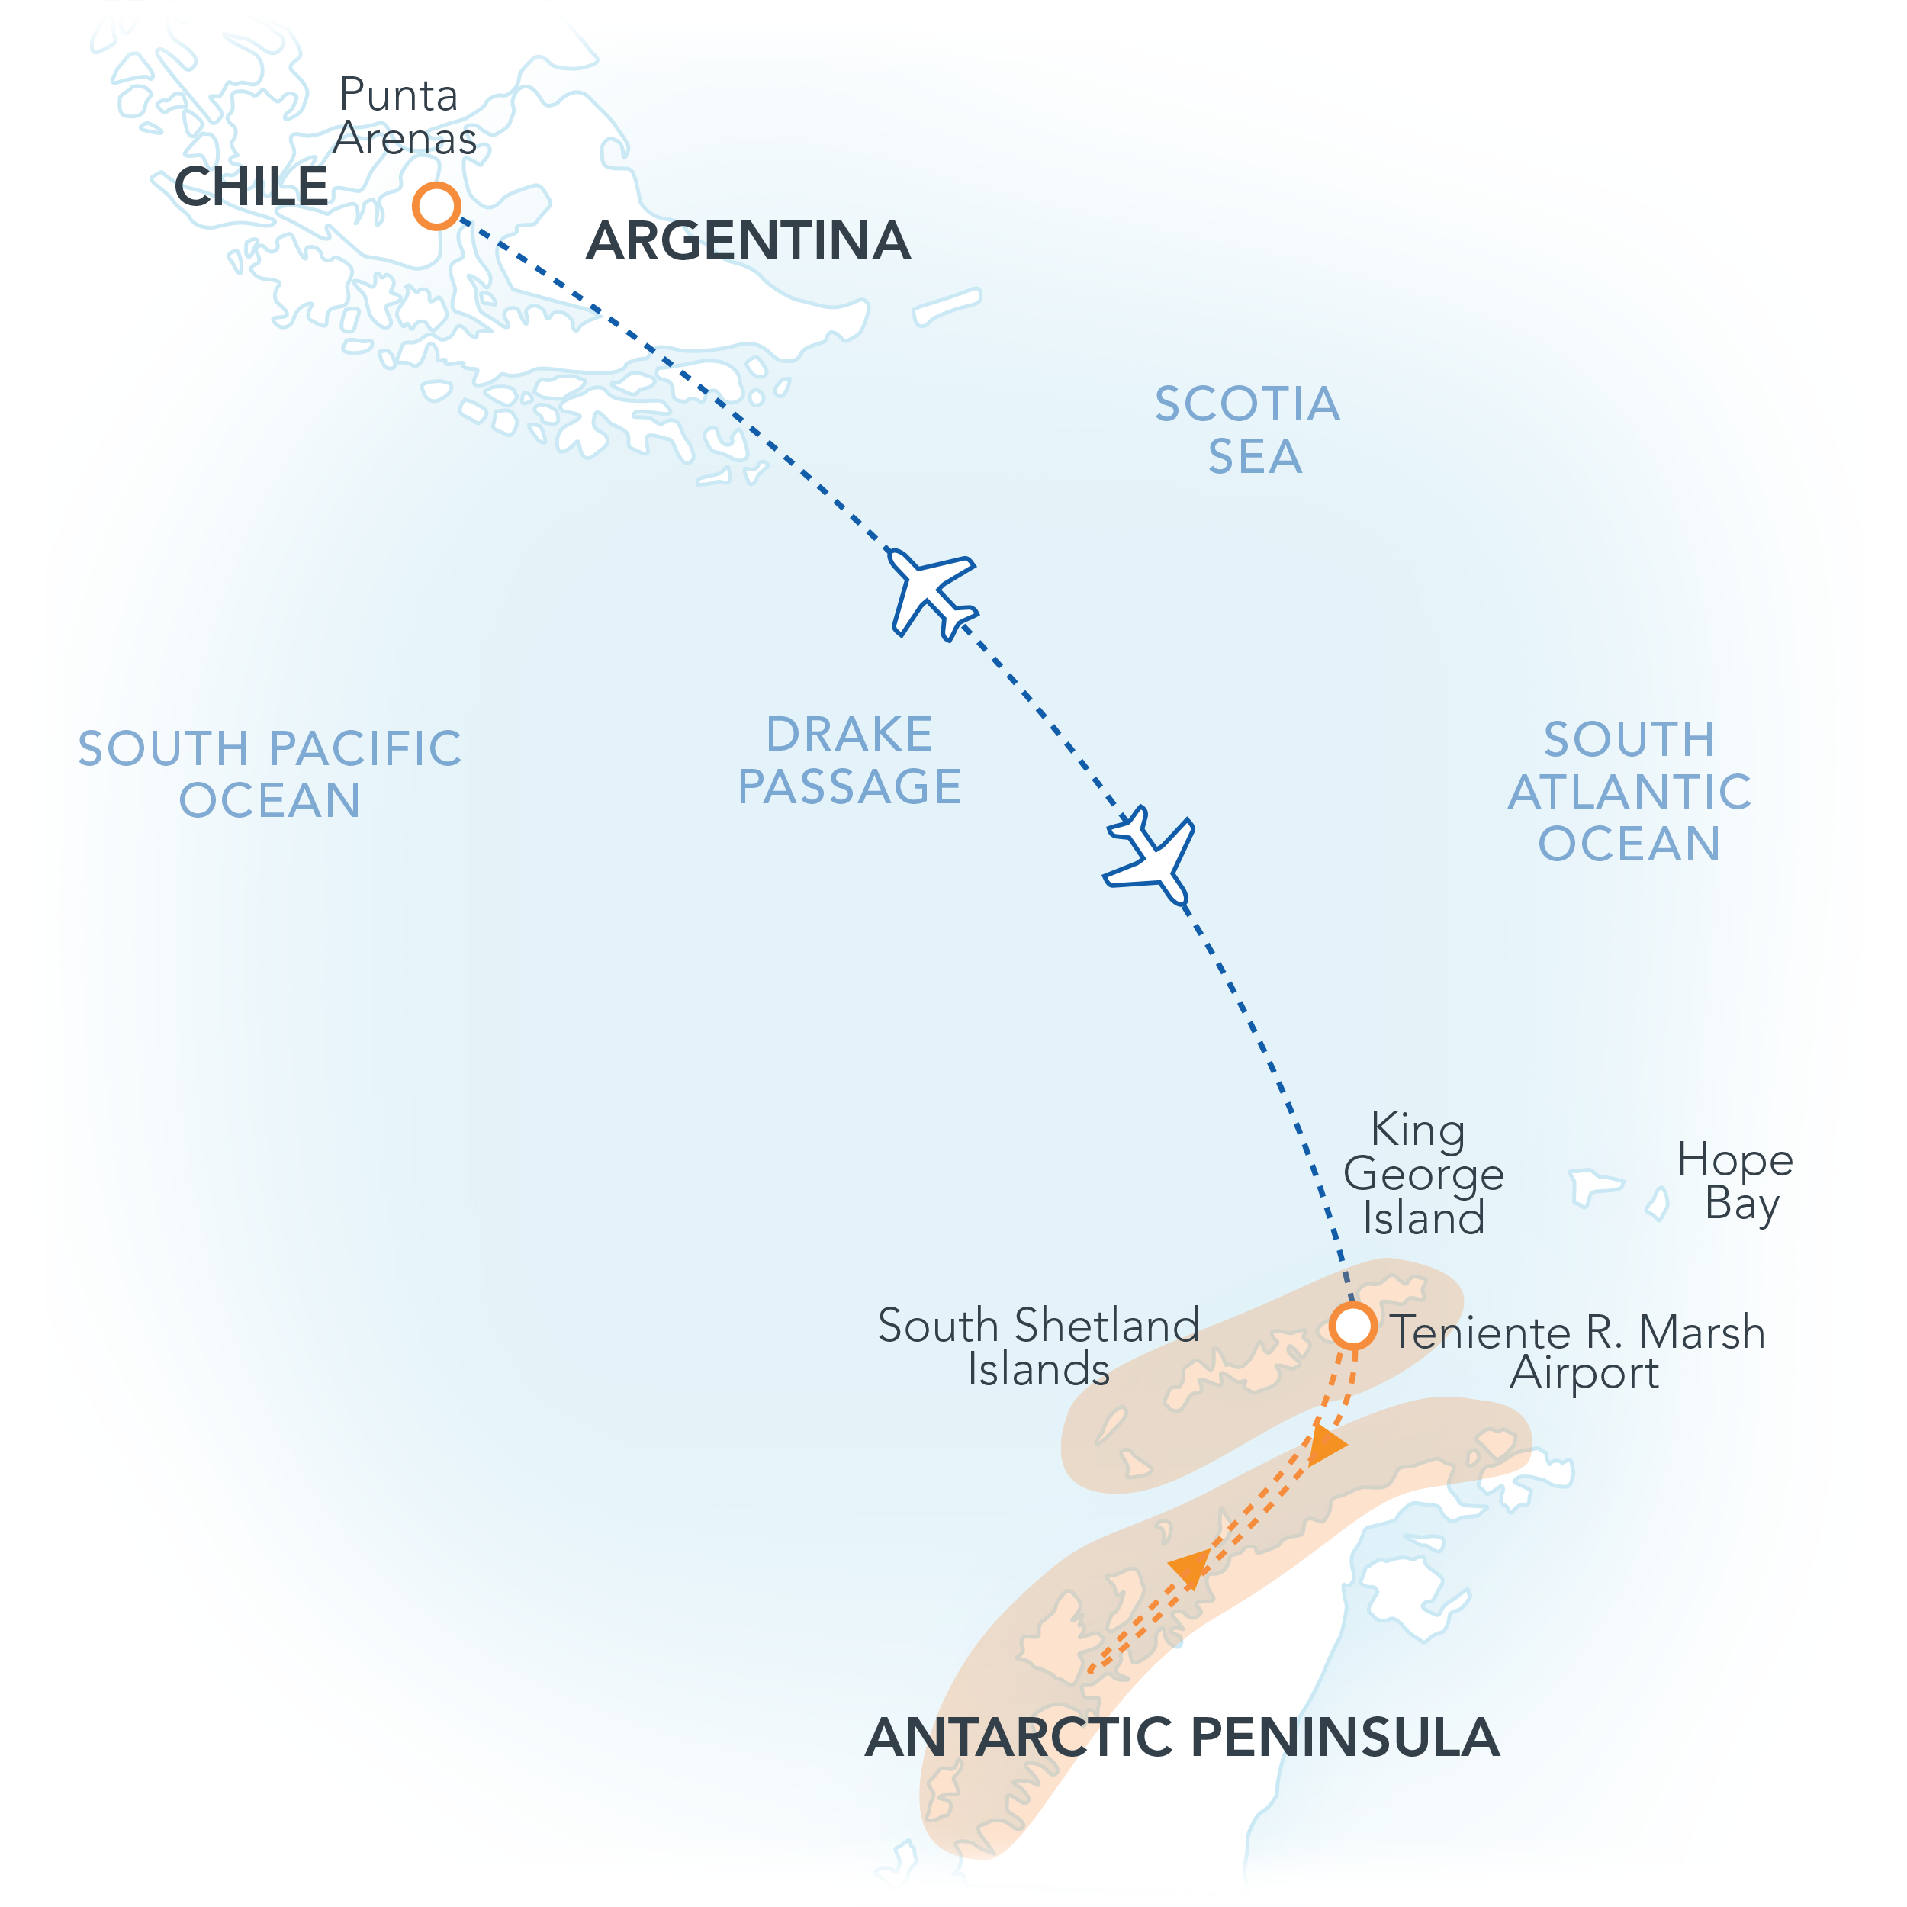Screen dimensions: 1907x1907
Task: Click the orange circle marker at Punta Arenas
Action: (x=436, y=206)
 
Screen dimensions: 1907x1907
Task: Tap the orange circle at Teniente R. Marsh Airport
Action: (x=1352, y=1325)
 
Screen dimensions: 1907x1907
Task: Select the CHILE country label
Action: (x=251, y=187)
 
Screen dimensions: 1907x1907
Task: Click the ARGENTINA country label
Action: (x=748, y=241)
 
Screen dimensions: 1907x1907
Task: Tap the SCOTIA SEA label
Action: (x=1249, y=430)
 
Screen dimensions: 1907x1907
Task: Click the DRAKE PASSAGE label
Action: (x=850, y=760)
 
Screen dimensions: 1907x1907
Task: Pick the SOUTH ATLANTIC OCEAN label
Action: (x=1629, y=792)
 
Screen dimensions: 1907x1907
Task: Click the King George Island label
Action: (x=1423, y=1174)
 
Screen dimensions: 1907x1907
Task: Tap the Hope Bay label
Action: (x=1735, y=1182)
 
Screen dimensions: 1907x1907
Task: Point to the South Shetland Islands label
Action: (x=1038, y=1346)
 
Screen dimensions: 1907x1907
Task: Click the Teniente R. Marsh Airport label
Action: (x=1577, y=1351)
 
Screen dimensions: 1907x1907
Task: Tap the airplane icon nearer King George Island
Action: (x=1153, y=856)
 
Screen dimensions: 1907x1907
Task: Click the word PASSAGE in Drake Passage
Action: (x=850, y=786)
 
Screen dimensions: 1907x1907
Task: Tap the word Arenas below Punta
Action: (x=405, y=138)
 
